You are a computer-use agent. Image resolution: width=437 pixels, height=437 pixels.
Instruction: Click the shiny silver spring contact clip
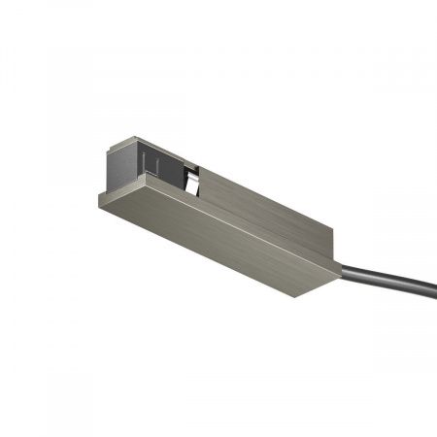(x=193, y=180)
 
